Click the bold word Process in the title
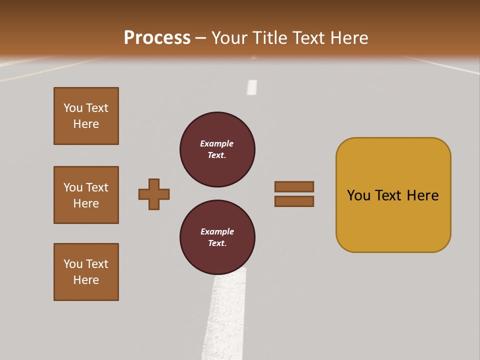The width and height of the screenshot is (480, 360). [x=157, y=38]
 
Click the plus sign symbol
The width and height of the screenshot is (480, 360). [x=154, y=194]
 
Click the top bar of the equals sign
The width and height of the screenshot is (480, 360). [x=294, y=186]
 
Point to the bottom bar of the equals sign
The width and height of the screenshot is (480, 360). [x=294, y=201]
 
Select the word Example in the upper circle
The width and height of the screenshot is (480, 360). [x=216, y=143]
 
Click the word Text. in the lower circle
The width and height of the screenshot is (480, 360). [x=217, y=243]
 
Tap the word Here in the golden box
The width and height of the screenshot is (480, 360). [x=422, y=195]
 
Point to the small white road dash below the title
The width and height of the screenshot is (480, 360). [x=252, y=87]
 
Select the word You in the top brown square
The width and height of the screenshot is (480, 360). [x=73, y=108]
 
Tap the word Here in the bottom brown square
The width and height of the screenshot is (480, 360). [x=86, y=280]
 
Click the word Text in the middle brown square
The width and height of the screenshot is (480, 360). [x=97, y=187]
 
